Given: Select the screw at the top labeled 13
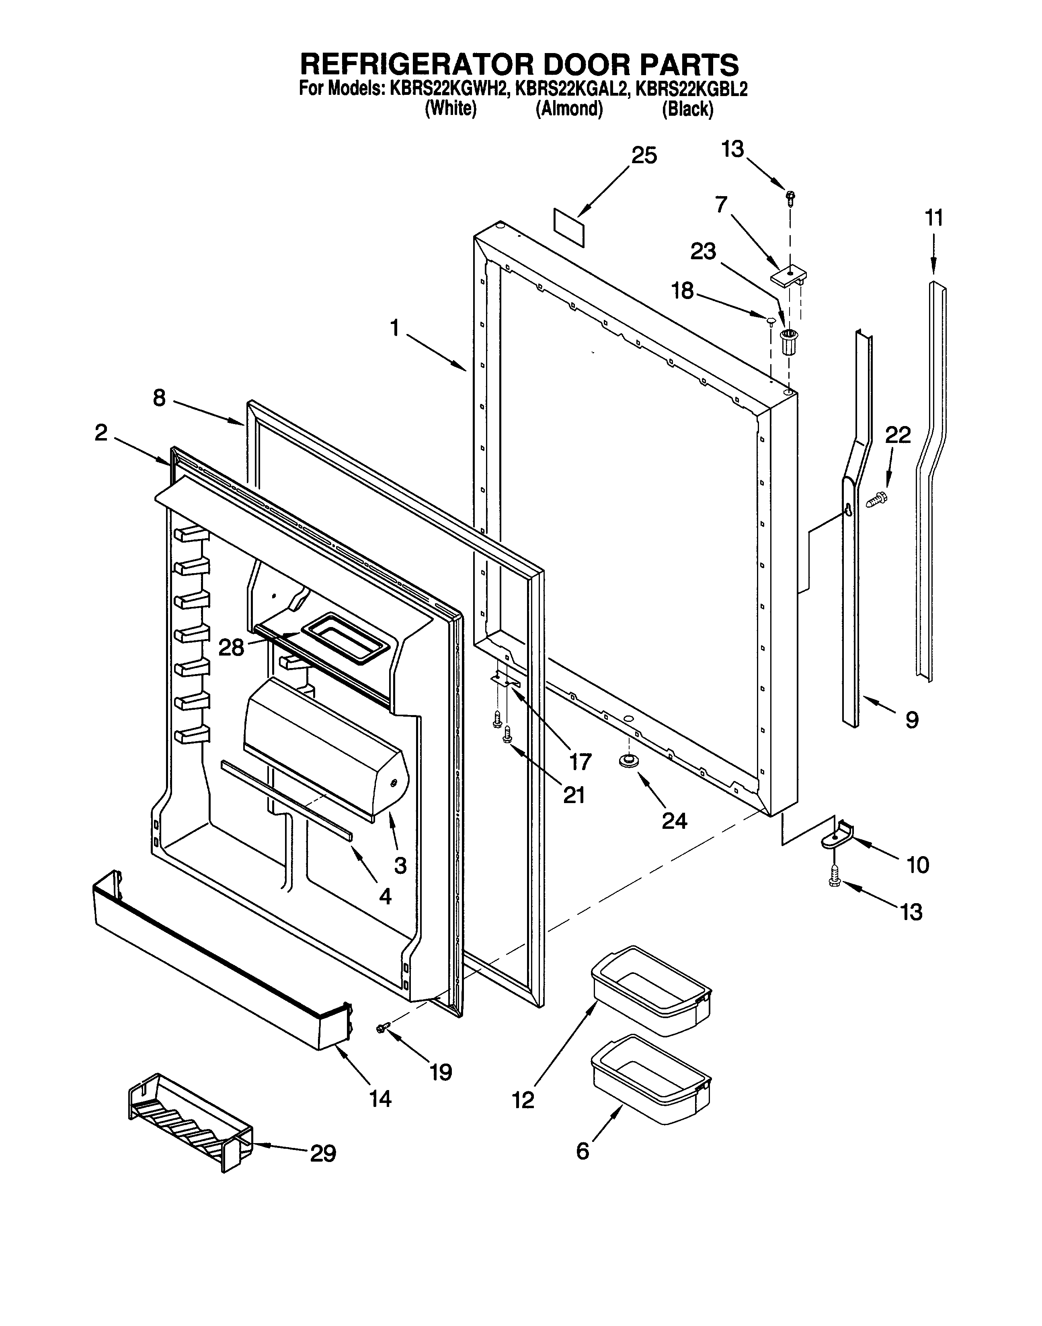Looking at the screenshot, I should click(791, 197).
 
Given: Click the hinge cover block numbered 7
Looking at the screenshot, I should click(788, 277).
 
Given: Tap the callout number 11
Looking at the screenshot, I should click(933, 218).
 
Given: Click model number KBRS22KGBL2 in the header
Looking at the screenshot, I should click(691, 89).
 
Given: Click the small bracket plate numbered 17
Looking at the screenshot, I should click(506, 679).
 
